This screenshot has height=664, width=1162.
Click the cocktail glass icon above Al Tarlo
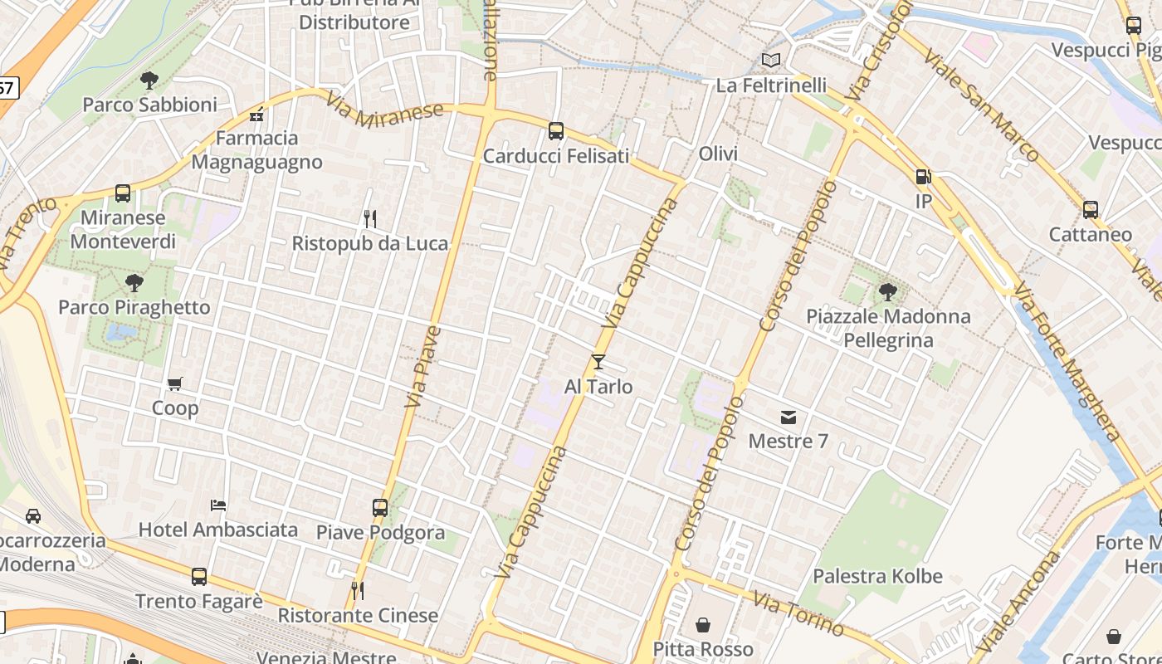point(598,362)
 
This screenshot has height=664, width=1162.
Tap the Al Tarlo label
point(598,387)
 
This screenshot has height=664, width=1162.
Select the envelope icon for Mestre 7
point(788,417)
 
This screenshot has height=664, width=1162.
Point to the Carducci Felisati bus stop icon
point(556,131)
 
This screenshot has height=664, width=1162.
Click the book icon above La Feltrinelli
point(771,60)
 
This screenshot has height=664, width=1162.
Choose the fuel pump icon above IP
point(923,177)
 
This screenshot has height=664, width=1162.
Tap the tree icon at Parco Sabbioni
point(149,81)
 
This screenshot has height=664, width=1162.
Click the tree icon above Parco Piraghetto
point(134,283)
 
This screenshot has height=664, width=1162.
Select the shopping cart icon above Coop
point(174,383)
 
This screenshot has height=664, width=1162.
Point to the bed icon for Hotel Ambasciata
point(218,505)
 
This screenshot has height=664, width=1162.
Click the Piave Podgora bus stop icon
point(380,507)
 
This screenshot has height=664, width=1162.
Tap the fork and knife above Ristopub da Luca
point(370,219)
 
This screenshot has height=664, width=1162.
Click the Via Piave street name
point(422,366)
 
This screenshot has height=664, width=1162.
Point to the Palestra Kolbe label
point(877,576)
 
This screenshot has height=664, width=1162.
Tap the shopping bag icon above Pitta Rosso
point(703,624)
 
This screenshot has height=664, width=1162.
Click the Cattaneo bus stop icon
point(1091,210)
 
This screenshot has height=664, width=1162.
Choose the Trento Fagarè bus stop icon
point(199,577)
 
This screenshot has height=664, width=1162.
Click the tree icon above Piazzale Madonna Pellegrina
point(887,291)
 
